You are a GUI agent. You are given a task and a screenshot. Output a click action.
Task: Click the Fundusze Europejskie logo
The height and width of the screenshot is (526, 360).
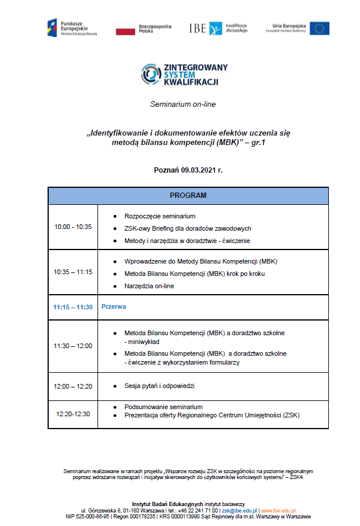coord(73,28)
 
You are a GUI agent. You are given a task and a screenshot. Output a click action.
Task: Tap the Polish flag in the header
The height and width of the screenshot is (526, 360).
coord(126,28)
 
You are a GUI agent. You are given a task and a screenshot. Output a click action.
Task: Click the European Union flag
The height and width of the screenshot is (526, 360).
coord(319,28)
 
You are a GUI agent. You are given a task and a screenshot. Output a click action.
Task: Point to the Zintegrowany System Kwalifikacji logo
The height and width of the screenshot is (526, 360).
coord(184,75)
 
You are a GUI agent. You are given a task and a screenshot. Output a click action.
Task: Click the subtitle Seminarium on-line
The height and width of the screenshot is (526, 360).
coord(183,104)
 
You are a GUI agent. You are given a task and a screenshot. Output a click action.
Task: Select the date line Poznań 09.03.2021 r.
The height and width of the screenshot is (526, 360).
coord(188,170)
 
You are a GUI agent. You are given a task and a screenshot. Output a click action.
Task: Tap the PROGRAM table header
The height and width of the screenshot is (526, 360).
coord(188,195)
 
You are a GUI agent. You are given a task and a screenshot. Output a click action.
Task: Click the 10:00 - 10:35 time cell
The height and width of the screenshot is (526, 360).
coord(73,227)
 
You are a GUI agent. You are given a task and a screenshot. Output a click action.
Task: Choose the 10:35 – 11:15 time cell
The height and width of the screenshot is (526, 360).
coord(73,272)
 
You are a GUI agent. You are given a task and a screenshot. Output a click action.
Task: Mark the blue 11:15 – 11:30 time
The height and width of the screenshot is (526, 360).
coord(73,306)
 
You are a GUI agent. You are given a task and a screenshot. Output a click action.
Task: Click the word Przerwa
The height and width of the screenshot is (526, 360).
coord(114,306)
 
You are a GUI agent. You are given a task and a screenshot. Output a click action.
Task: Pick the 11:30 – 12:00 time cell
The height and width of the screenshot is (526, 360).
coord(73,346)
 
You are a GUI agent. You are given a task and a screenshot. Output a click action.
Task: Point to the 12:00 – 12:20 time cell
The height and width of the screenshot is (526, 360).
coord(73,386)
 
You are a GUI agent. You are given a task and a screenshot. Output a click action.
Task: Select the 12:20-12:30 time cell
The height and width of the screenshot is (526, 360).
coord(73,414)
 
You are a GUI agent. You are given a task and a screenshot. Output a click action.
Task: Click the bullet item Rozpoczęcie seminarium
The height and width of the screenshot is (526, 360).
coord(160,216)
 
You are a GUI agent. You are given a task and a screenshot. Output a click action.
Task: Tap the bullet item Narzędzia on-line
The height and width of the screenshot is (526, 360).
coord(149,286)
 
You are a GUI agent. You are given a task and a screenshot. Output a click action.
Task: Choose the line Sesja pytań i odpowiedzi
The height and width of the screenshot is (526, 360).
coord(159,386)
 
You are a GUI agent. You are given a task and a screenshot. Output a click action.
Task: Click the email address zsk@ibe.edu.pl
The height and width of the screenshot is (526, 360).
coord(238,511)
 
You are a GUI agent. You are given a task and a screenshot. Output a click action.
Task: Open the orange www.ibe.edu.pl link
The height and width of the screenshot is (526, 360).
coord(278,511)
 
